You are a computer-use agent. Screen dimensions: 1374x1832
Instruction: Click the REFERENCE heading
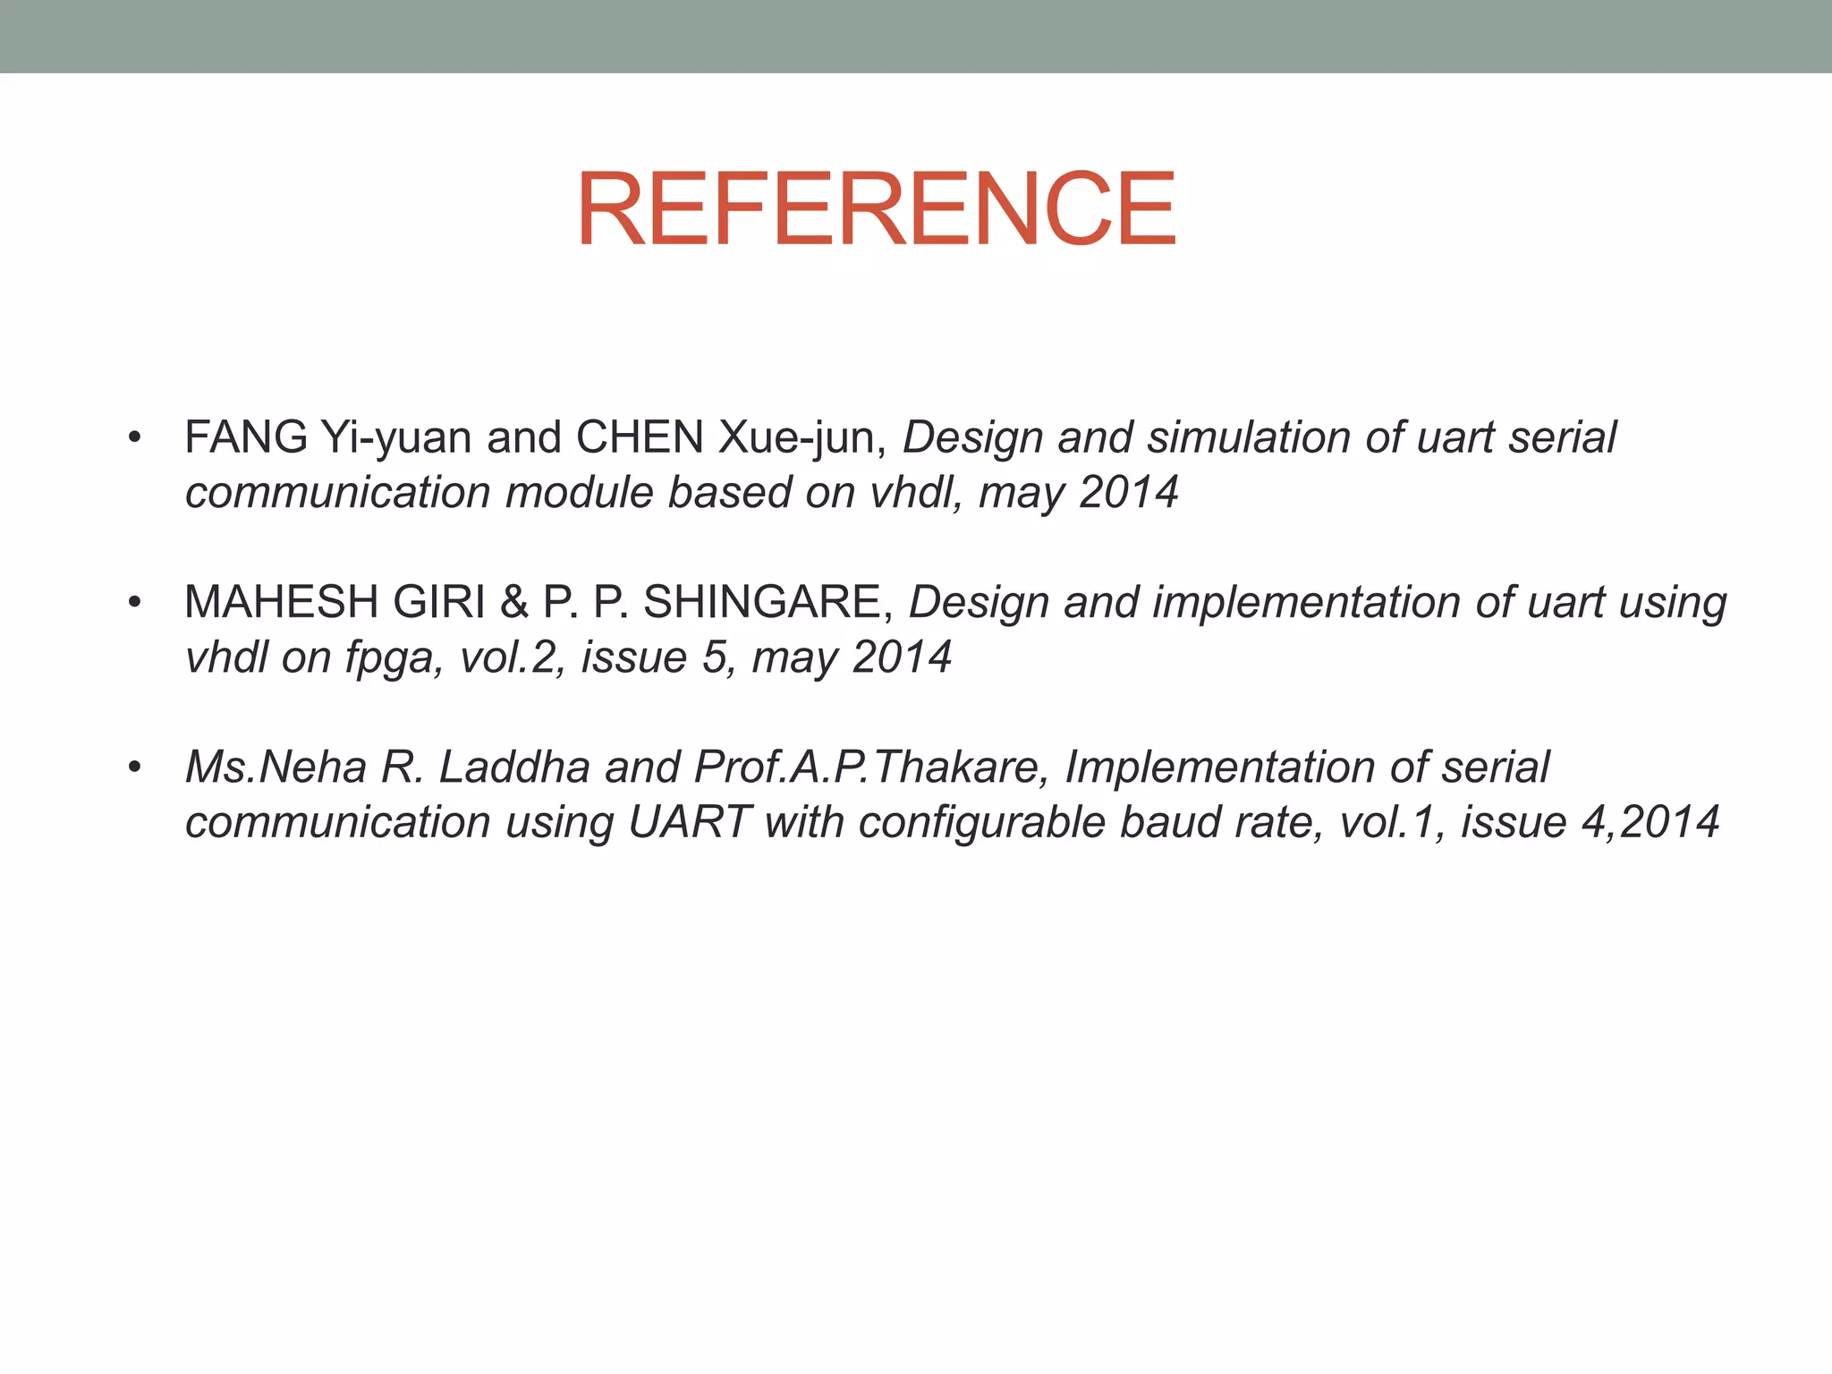click(876, 210)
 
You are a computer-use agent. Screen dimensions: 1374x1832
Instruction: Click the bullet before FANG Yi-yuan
click(134, 438)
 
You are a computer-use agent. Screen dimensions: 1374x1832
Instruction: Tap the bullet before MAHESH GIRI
click(134, 603)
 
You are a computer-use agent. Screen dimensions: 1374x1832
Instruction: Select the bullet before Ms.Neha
click(134, 768)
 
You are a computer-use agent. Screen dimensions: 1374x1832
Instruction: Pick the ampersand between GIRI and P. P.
click(513, 603)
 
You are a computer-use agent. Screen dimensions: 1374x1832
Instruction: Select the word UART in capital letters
click(689, 822)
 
